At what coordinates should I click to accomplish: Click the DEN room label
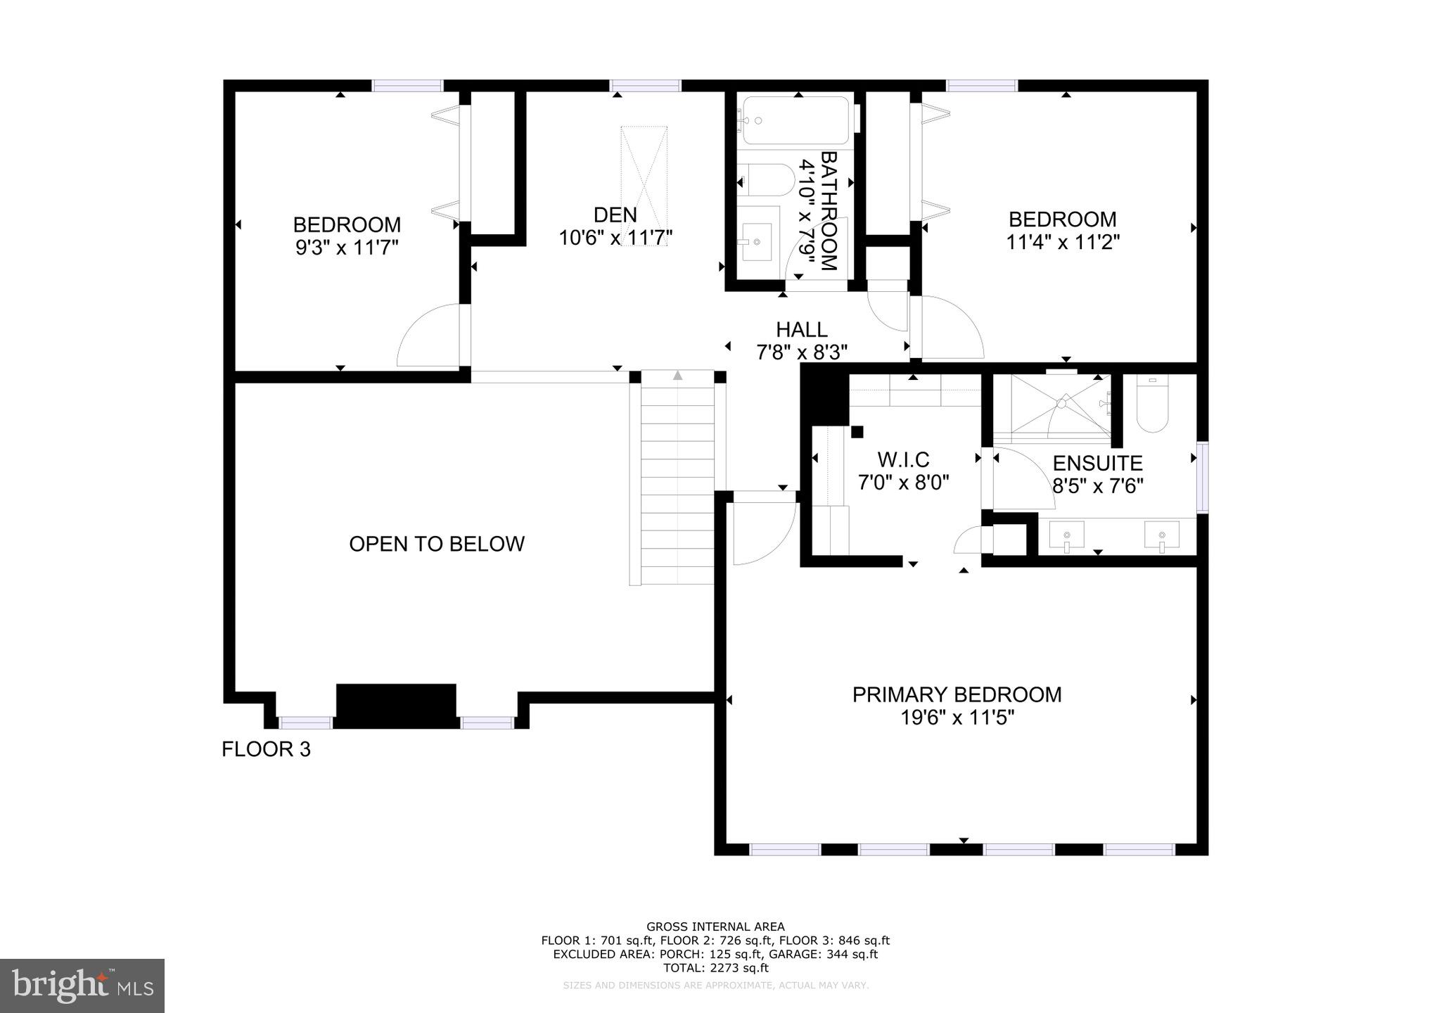[x=615, y=215]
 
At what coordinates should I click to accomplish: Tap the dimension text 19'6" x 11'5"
[x=957, y=718]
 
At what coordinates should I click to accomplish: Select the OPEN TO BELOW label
[x=437, y=544]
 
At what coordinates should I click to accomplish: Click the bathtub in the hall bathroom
[x=796, y=120]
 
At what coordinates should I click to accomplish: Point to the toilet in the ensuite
[x=1152, y=405]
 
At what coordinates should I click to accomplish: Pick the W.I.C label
[x=903, y=459]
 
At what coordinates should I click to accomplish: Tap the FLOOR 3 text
[x=266, y=749]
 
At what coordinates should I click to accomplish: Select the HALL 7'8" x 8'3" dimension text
[x=801, y=352]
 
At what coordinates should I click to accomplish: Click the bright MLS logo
[x=82, y=986]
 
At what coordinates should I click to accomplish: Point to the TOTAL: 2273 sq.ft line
[x=715, y=968]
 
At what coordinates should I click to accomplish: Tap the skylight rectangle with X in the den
[x=644, y=176]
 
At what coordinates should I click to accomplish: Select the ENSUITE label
[x=1097, y=463]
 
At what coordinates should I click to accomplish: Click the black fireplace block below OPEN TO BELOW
[x=396, y=706]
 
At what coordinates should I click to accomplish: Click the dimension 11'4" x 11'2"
[x=1062, y=242]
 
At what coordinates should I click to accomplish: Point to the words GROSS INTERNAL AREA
[x=715, y=927]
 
